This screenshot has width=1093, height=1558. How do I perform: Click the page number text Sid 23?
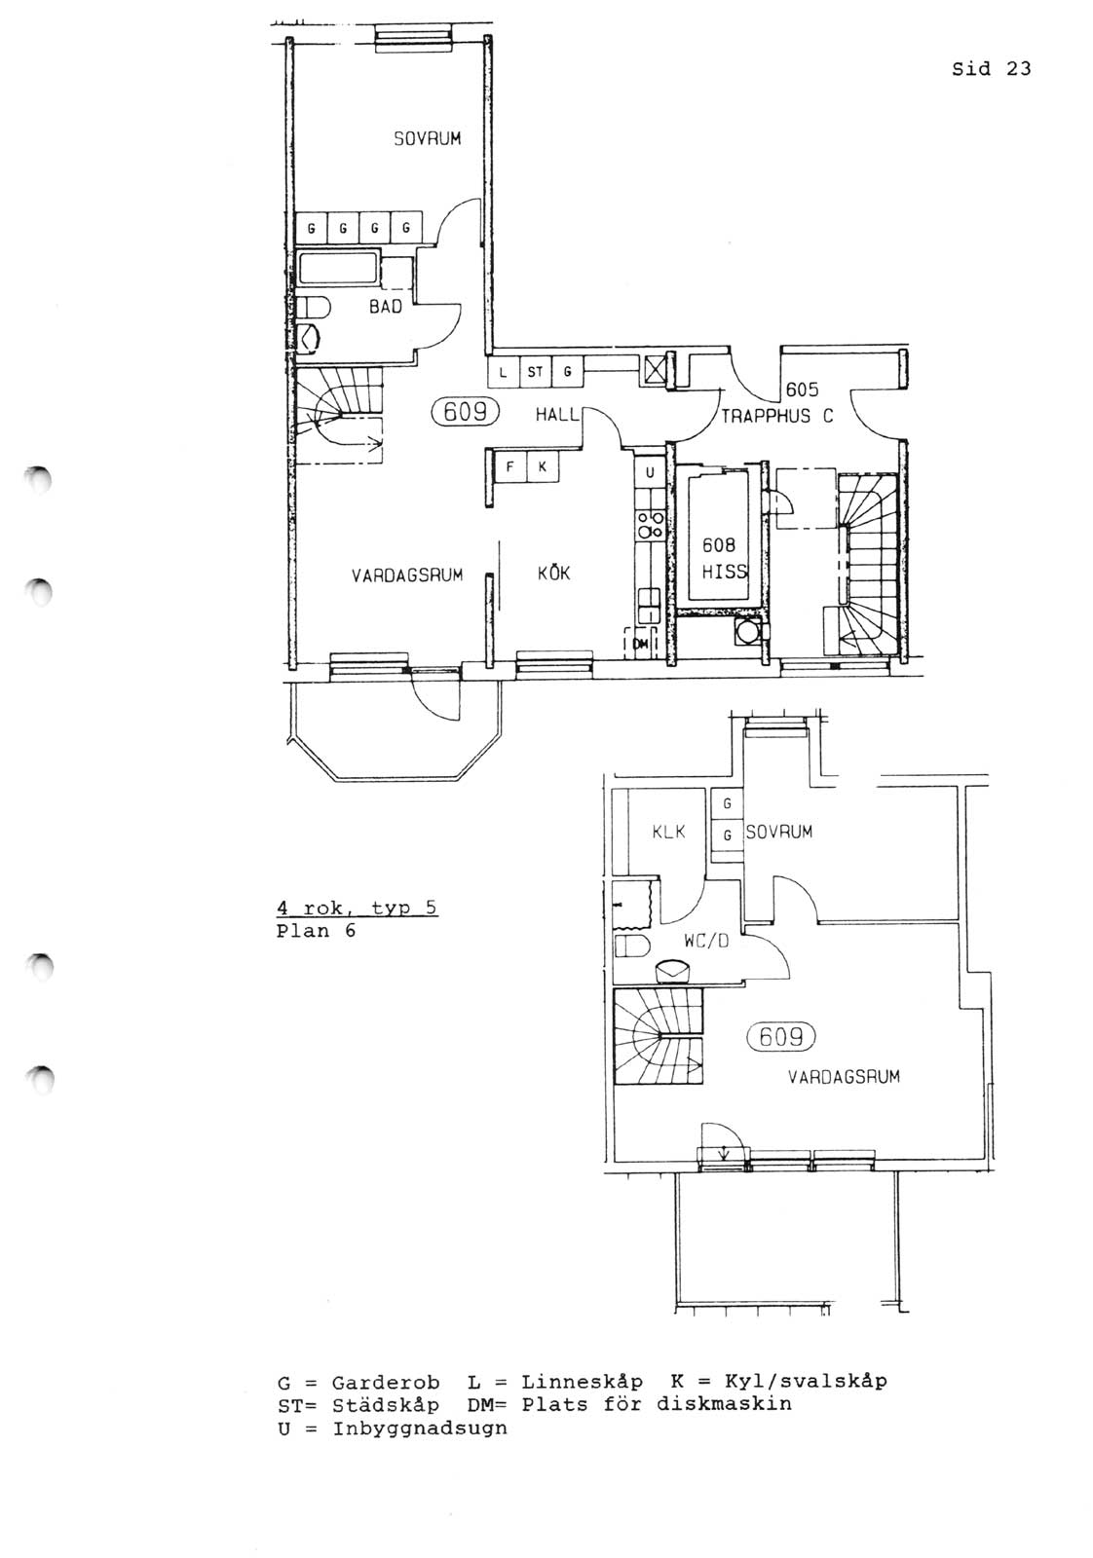coord(991,68)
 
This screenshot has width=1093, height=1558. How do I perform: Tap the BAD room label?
coord(386,307)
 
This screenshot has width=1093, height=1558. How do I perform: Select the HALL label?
coord(556,415)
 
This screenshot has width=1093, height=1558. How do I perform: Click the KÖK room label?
coord(553,572)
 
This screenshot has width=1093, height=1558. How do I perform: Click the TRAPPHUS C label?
coord(776,417)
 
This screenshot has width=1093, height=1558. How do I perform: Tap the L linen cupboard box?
coord(503,371)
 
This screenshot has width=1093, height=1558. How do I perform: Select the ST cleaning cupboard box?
coord(535,371)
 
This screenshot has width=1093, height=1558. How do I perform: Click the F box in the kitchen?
coord(509,466)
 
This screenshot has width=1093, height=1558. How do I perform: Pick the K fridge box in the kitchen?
coord(542,466)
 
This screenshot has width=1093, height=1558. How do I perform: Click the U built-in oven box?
coord(650,472)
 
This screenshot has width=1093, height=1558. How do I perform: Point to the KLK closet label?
coord(668,832)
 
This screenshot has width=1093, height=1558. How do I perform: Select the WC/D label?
coord(705,941)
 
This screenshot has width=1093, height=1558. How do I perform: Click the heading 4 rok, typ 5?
coord(357,909)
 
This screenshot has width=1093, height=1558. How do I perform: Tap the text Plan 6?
coord(316,931)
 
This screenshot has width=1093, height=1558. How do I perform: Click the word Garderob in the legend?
coord(386,1382)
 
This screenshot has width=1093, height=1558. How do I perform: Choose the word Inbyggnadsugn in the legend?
coord(420,1428)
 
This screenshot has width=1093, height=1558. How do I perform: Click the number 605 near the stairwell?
coord(802,389)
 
